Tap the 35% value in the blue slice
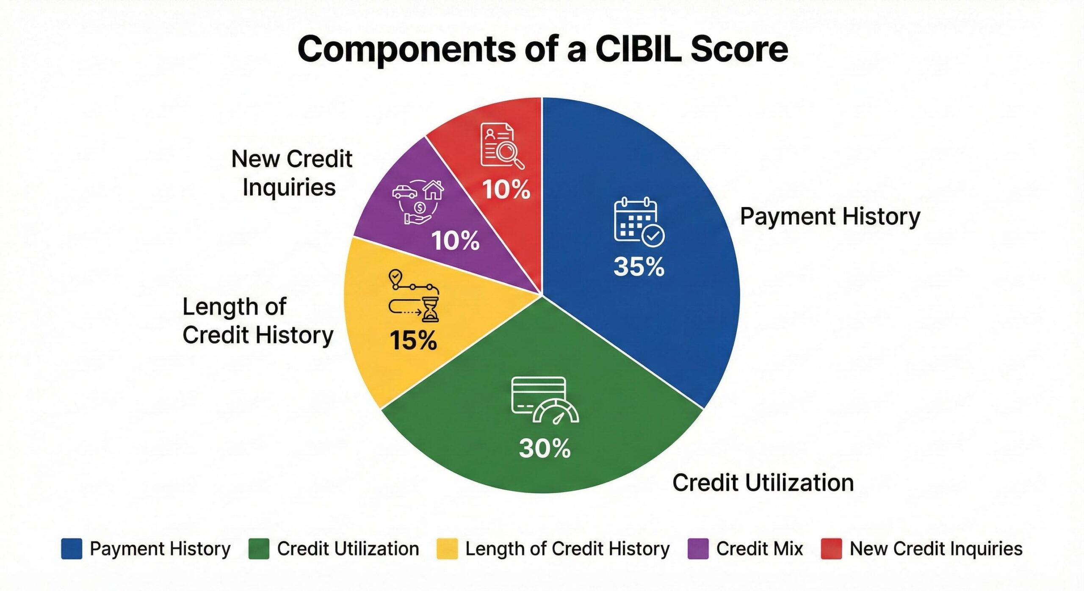point(639,267)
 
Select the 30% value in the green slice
point(545,448)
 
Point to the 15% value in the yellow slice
point(413,340)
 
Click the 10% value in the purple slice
point(456,240)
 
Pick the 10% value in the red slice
point(506,189)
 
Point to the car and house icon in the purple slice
point(418,202)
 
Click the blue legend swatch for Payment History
point(72,549)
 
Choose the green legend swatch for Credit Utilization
point(259,549)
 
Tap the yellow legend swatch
point(447,549)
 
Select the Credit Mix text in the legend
point(760,549)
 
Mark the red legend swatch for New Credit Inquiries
point(831,549)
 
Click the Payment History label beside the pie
point(830,217)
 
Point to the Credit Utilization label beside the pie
point(763,483)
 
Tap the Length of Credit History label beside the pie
point(258,321)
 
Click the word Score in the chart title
point(739,49)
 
